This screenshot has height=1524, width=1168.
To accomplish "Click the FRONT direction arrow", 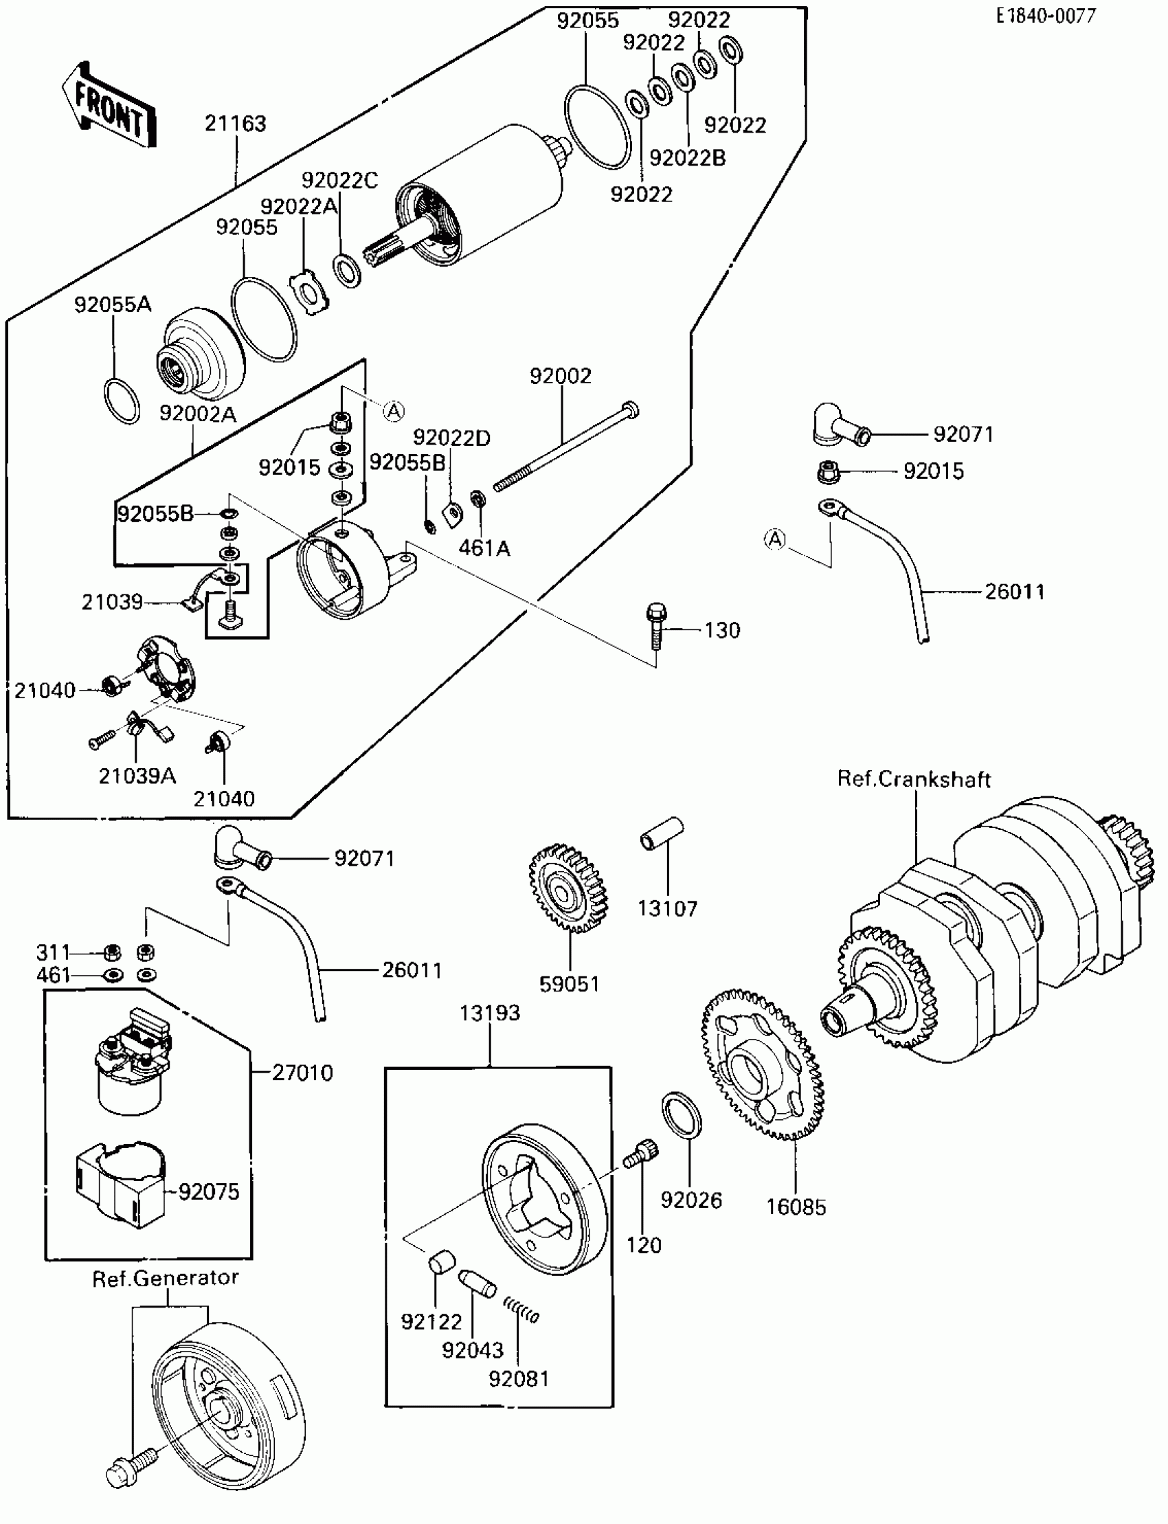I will click(110, 107).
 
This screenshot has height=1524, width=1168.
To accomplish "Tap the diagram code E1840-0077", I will click(1045, 16).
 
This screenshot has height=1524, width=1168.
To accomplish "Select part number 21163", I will click(235, 124).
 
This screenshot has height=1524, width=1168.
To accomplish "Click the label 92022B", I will click(687, 159).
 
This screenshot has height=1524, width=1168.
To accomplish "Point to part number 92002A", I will click(197, 414).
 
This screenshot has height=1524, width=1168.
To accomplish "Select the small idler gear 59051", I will click(568, 888).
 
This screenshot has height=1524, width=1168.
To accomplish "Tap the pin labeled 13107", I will click(662, 833).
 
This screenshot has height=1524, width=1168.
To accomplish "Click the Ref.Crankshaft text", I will click(914, 778).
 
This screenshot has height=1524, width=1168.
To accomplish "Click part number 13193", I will click(489, 1013).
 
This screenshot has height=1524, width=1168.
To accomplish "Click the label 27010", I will click(302, 1073).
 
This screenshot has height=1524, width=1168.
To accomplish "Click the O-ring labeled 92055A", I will click(122, 401).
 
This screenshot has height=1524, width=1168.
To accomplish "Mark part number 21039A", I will click(137, 776).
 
